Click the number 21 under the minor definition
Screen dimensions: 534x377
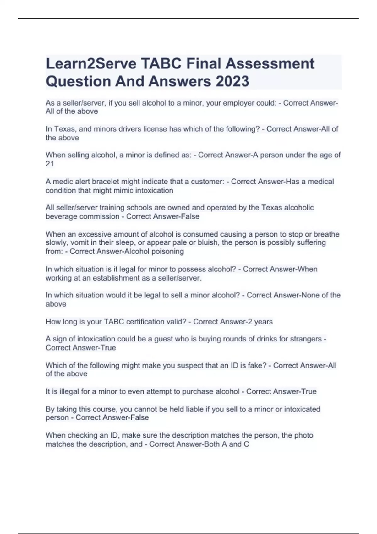(x=50, y=164)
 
